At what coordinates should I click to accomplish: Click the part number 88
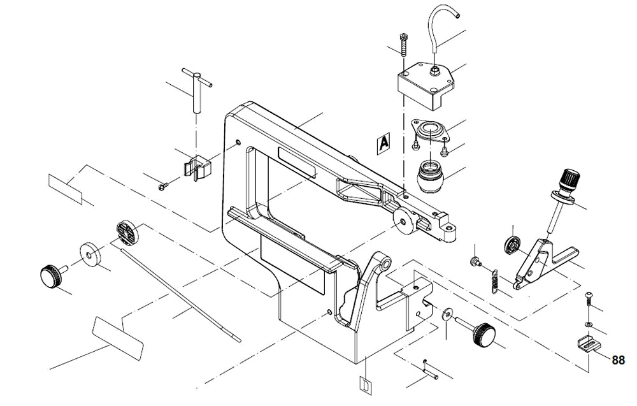pos(618,360)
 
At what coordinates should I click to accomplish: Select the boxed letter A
pos(383,143)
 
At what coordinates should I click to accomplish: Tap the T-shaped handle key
pos(197,89)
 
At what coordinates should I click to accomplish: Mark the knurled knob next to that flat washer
pos(50,276)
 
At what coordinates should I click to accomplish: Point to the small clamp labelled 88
pos(589,344)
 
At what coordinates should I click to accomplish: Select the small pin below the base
pos(431,369)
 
